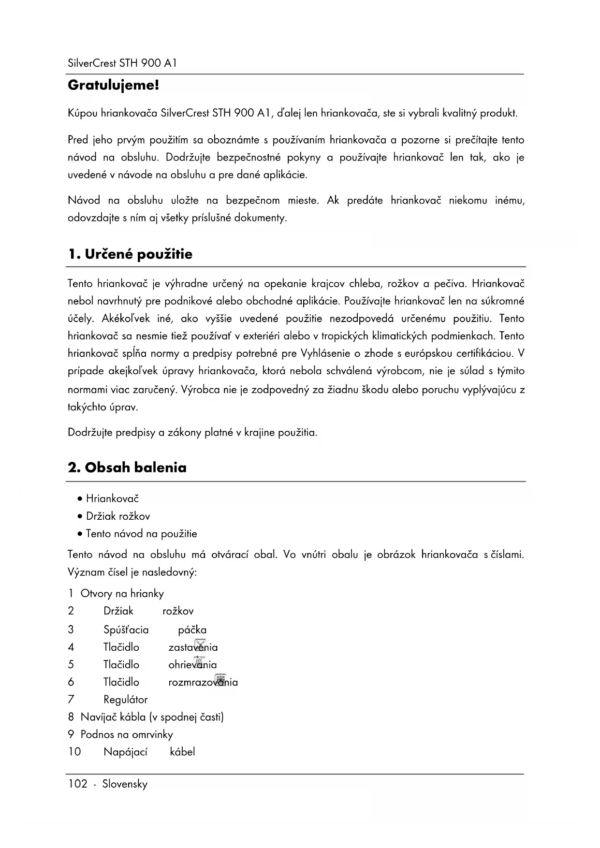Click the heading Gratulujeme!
tap(113, 86)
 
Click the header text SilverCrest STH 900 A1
tap(122, 63)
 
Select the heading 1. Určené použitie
tap(130, 254)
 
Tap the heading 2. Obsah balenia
tap(127, 468)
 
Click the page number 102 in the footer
tap(77, 784)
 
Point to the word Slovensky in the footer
tap(125, 784)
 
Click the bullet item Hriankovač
tap(112, 498)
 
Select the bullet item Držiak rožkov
tap(118, 516)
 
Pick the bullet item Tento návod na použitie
tap(141, 534)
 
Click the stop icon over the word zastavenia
tap(200, 643)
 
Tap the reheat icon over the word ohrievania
tap(200, 661)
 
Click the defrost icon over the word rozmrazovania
tap(220, 678)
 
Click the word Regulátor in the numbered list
tap(125, 699)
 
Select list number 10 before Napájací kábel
tap(74, 752)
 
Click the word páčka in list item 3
tap(192, 629)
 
